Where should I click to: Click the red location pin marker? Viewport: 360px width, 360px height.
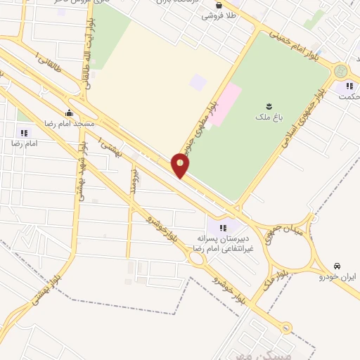click(x=181, y=166)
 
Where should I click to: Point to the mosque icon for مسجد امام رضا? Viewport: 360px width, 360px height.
click(x=68, y=112)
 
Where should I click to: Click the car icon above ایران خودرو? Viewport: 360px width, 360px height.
click(x=337, y=266)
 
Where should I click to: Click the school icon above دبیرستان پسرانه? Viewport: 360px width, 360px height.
click(x=223, y=227)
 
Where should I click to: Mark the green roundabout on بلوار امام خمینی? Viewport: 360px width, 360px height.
click(x=342, y=71)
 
